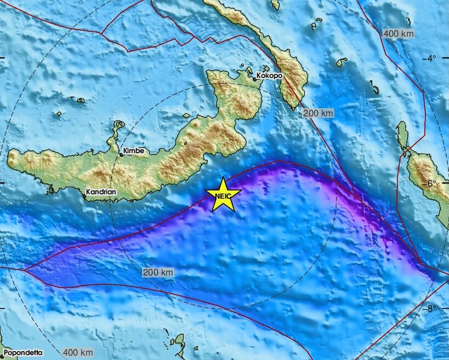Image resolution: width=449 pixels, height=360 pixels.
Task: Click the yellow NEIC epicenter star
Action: coord(223,195)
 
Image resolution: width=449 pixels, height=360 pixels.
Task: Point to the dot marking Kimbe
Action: coord(122,155)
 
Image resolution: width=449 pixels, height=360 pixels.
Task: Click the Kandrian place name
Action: coord(101,193)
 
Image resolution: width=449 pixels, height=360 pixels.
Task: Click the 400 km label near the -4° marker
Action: coord(399,34)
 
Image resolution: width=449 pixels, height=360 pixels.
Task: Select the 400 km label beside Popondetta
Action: coord(78,352)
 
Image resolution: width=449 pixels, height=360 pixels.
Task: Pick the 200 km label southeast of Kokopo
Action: coord(318,113)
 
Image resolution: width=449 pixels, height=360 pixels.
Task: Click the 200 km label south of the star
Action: coord(158,272)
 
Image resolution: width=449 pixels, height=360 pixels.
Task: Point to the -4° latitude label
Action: coord(431,58)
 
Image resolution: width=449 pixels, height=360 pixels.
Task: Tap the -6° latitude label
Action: coord(431,183)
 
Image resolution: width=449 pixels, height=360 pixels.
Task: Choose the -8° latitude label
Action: coord(431,308)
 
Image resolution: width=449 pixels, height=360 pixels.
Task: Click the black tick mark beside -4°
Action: coord(445,58)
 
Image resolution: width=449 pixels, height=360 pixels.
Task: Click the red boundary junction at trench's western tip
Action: coord(25,270)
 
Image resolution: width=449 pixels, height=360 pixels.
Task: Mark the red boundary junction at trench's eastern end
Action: coord(419,263)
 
